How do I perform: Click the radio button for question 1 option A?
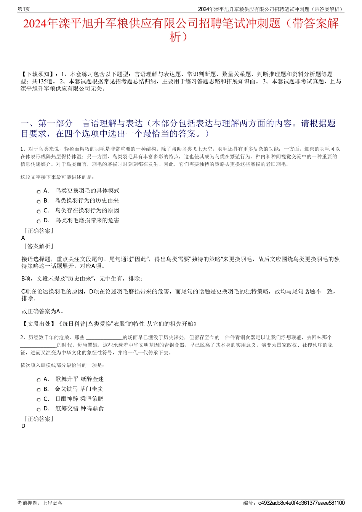point(38,192)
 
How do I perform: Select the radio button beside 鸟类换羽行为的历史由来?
point(38,202)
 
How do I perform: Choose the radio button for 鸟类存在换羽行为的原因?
point(38,212)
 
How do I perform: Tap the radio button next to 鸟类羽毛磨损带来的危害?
point(38,222)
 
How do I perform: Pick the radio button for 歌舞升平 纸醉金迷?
point(38,380)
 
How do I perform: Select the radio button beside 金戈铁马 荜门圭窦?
point(38,390)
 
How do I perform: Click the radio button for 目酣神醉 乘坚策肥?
point(38,400)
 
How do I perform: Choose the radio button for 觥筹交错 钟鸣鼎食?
point(38,410)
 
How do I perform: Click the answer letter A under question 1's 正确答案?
point(23,238)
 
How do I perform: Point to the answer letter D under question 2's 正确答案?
point(23,426)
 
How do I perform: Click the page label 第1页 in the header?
point(24,9)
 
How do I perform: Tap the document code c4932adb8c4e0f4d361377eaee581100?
point(301,503)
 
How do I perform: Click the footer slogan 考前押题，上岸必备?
point(40,503)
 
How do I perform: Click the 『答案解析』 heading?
point(38,246)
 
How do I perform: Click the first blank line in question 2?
point(104,338)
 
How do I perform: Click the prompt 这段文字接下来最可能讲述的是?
point(58,177)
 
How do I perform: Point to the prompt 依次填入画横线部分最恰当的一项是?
point(62,365)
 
